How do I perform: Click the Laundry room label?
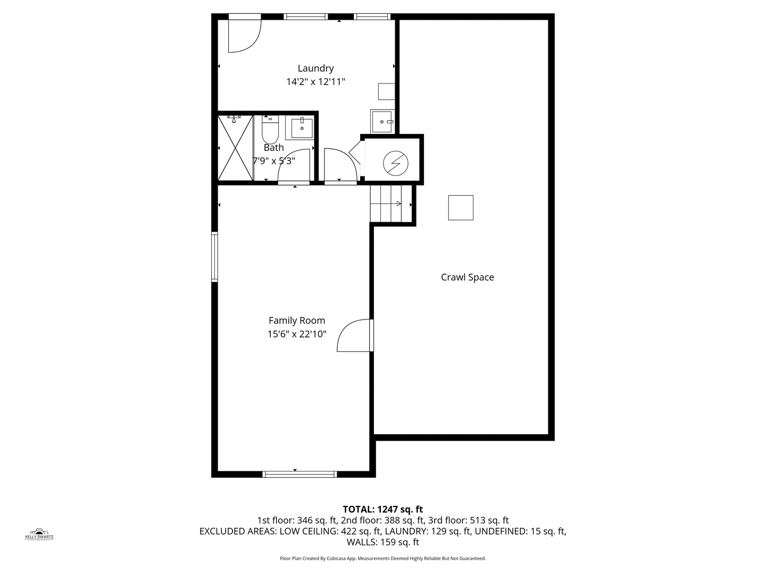(x=315, y=68)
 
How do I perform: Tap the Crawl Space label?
(x=467, y=277)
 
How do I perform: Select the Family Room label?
(x=296, y=320)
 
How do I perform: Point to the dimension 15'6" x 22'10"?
(x=296, y=334)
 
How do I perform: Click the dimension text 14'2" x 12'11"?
(x=315, y=82)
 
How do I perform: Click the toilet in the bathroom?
(x=270, y=130)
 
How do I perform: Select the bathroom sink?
(x=302, y=128)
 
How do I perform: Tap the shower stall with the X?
(x=236, y=148)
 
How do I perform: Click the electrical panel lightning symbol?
(x=395, y=163)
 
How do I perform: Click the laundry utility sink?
(x=382, y=122)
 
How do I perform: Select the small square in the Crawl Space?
(x=461, y=207)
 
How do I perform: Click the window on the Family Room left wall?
(x=214, y=257)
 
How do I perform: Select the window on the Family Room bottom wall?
(x=300, y=474)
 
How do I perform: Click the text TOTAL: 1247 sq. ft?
(x=382, y=509)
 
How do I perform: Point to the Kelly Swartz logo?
(x=39, y=534)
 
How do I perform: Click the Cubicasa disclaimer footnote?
(x=382, y=559)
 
